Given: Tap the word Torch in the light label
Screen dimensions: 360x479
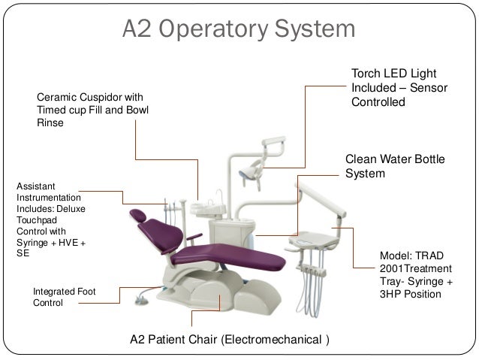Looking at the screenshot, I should pos(366,74).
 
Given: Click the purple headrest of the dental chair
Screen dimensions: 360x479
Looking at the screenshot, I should pos(138,215).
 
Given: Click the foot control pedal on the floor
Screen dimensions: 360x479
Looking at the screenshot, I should pos(139,299).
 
